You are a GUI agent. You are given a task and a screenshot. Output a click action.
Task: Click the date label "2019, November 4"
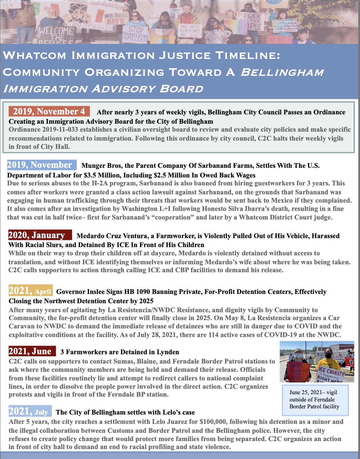click(x=49, y=111)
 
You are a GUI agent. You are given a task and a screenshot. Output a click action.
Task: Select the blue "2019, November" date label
click(x=40, y=165)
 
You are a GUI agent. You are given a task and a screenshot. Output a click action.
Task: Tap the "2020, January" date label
click(x=40, y=235)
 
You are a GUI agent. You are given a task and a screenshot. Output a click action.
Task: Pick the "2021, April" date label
click(x=30, y=291)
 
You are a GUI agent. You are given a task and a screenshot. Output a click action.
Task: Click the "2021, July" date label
click(x=30, y=411)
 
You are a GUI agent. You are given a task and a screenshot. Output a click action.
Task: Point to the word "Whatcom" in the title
click(x=34, y=55)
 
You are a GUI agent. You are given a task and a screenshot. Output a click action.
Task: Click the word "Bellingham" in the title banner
click(x=282, y=72)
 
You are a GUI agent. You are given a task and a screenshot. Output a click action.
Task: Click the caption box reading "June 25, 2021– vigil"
click(x=314, y=399)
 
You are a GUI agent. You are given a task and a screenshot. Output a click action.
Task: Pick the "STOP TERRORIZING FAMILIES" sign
click(x=136, y=33)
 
